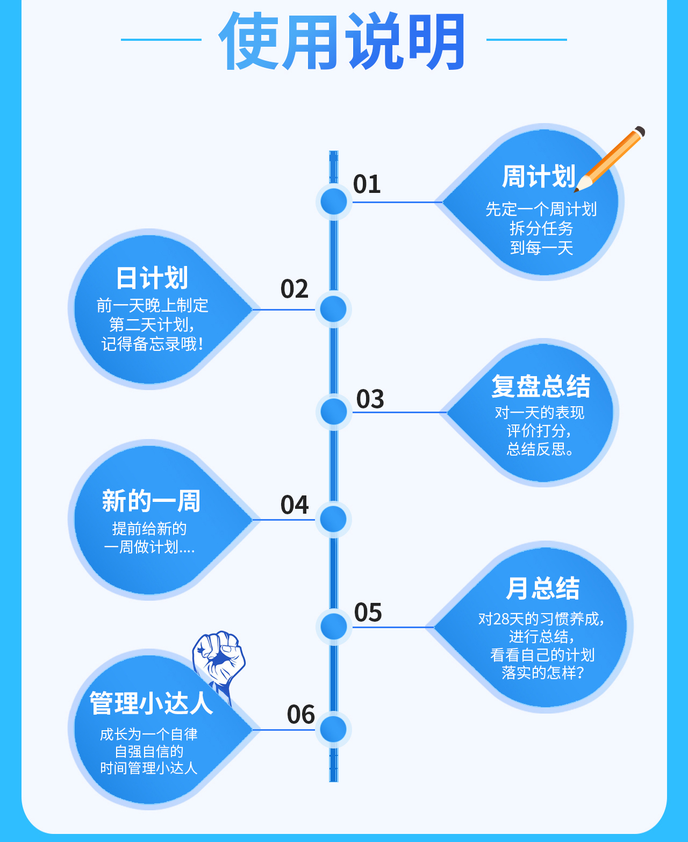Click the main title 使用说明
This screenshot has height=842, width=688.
(342, 42)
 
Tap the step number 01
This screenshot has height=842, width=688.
(367, 184)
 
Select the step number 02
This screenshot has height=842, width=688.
(295, 289)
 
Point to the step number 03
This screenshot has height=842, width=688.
(370, 399)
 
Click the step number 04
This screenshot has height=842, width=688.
(295, 505)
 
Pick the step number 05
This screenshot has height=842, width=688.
(368, 613)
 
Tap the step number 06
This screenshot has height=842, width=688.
(300, 715)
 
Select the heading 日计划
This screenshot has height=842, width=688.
(152, 278)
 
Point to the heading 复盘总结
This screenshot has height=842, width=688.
(541, 386)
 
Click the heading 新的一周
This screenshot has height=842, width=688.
(151, 501)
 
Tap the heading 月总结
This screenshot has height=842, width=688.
(543, 588)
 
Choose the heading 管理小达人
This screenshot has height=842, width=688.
(151, 703)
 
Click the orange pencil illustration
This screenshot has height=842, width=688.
(611, 159)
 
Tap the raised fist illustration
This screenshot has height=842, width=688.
(219, 660)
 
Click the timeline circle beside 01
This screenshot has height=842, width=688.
(334, 202)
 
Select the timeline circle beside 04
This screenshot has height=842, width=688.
(333, 519)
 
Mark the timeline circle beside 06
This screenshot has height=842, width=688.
(333, 730)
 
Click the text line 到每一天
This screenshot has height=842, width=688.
(541, 248)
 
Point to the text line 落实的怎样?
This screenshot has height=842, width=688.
(542, 673)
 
